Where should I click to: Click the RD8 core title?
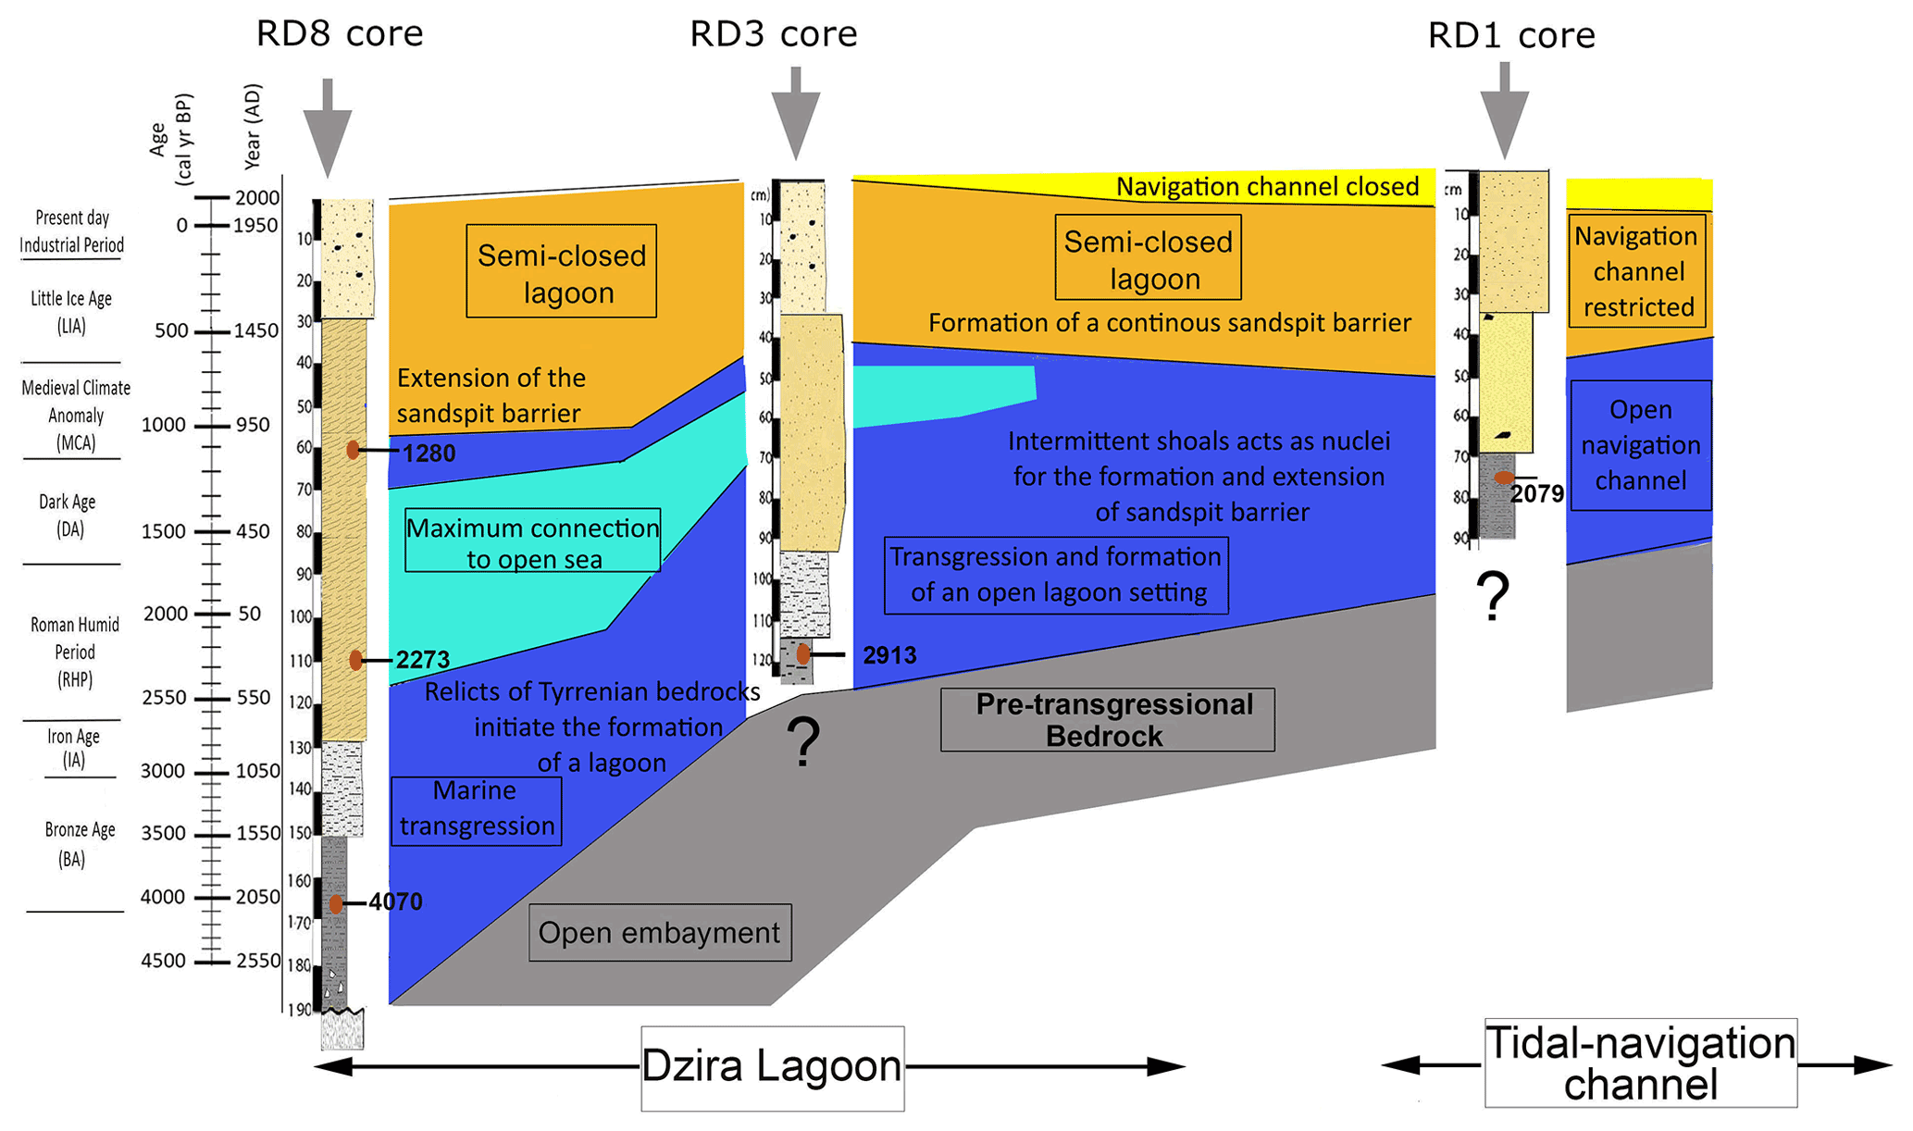pos(339,33)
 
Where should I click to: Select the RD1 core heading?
pos(1511,35)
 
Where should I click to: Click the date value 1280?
pos(429,454)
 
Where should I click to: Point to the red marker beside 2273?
pos(355,660)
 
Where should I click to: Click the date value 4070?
pos(395,901)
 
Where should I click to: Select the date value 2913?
pos(889,655)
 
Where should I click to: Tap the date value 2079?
pos(1537,494)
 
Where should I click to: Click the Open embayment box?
pos(660,932)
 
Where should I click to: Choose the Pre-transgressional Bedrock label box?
pos(1107,719)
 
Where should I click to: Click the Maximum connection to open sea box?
pos(533,541)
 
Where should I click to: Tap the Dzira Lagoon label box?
pos(772,1067)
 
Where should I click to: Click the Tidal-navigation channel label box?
pos(1640,1063)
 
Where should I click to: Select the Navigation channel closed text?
pos(1267,187)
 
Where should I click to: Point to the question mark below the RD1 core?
pos(1493,597)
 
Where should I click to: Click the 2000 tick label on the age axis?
pos(166,614)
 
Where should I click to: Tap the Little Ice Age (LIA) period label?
pos(71,312)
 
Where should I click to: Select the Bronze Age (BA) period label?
pos(79,844)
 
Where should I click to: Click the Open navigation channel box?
pos(1640,445)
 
